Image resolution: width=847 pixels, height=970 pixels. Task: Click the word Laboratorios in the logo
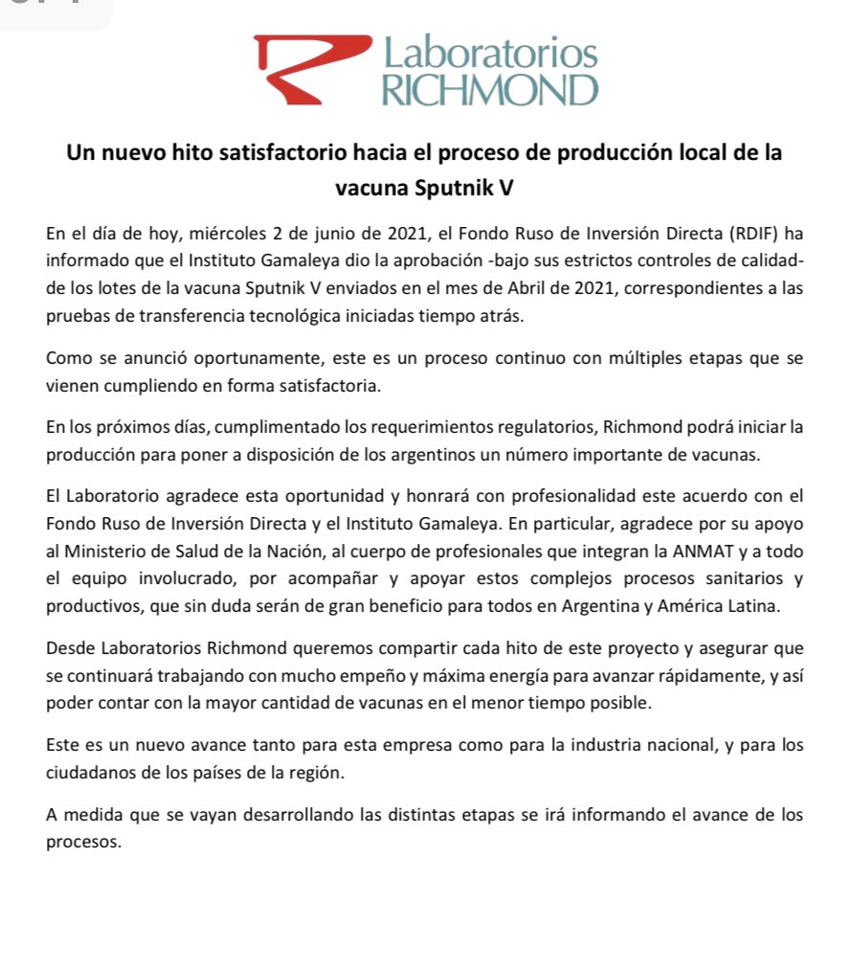[489, 53]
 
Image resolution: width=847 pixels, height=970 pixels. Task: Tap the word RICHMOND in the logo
[489, 91]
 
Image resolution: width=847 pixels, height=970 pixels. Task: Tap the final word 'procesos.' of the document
[83, 842]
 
